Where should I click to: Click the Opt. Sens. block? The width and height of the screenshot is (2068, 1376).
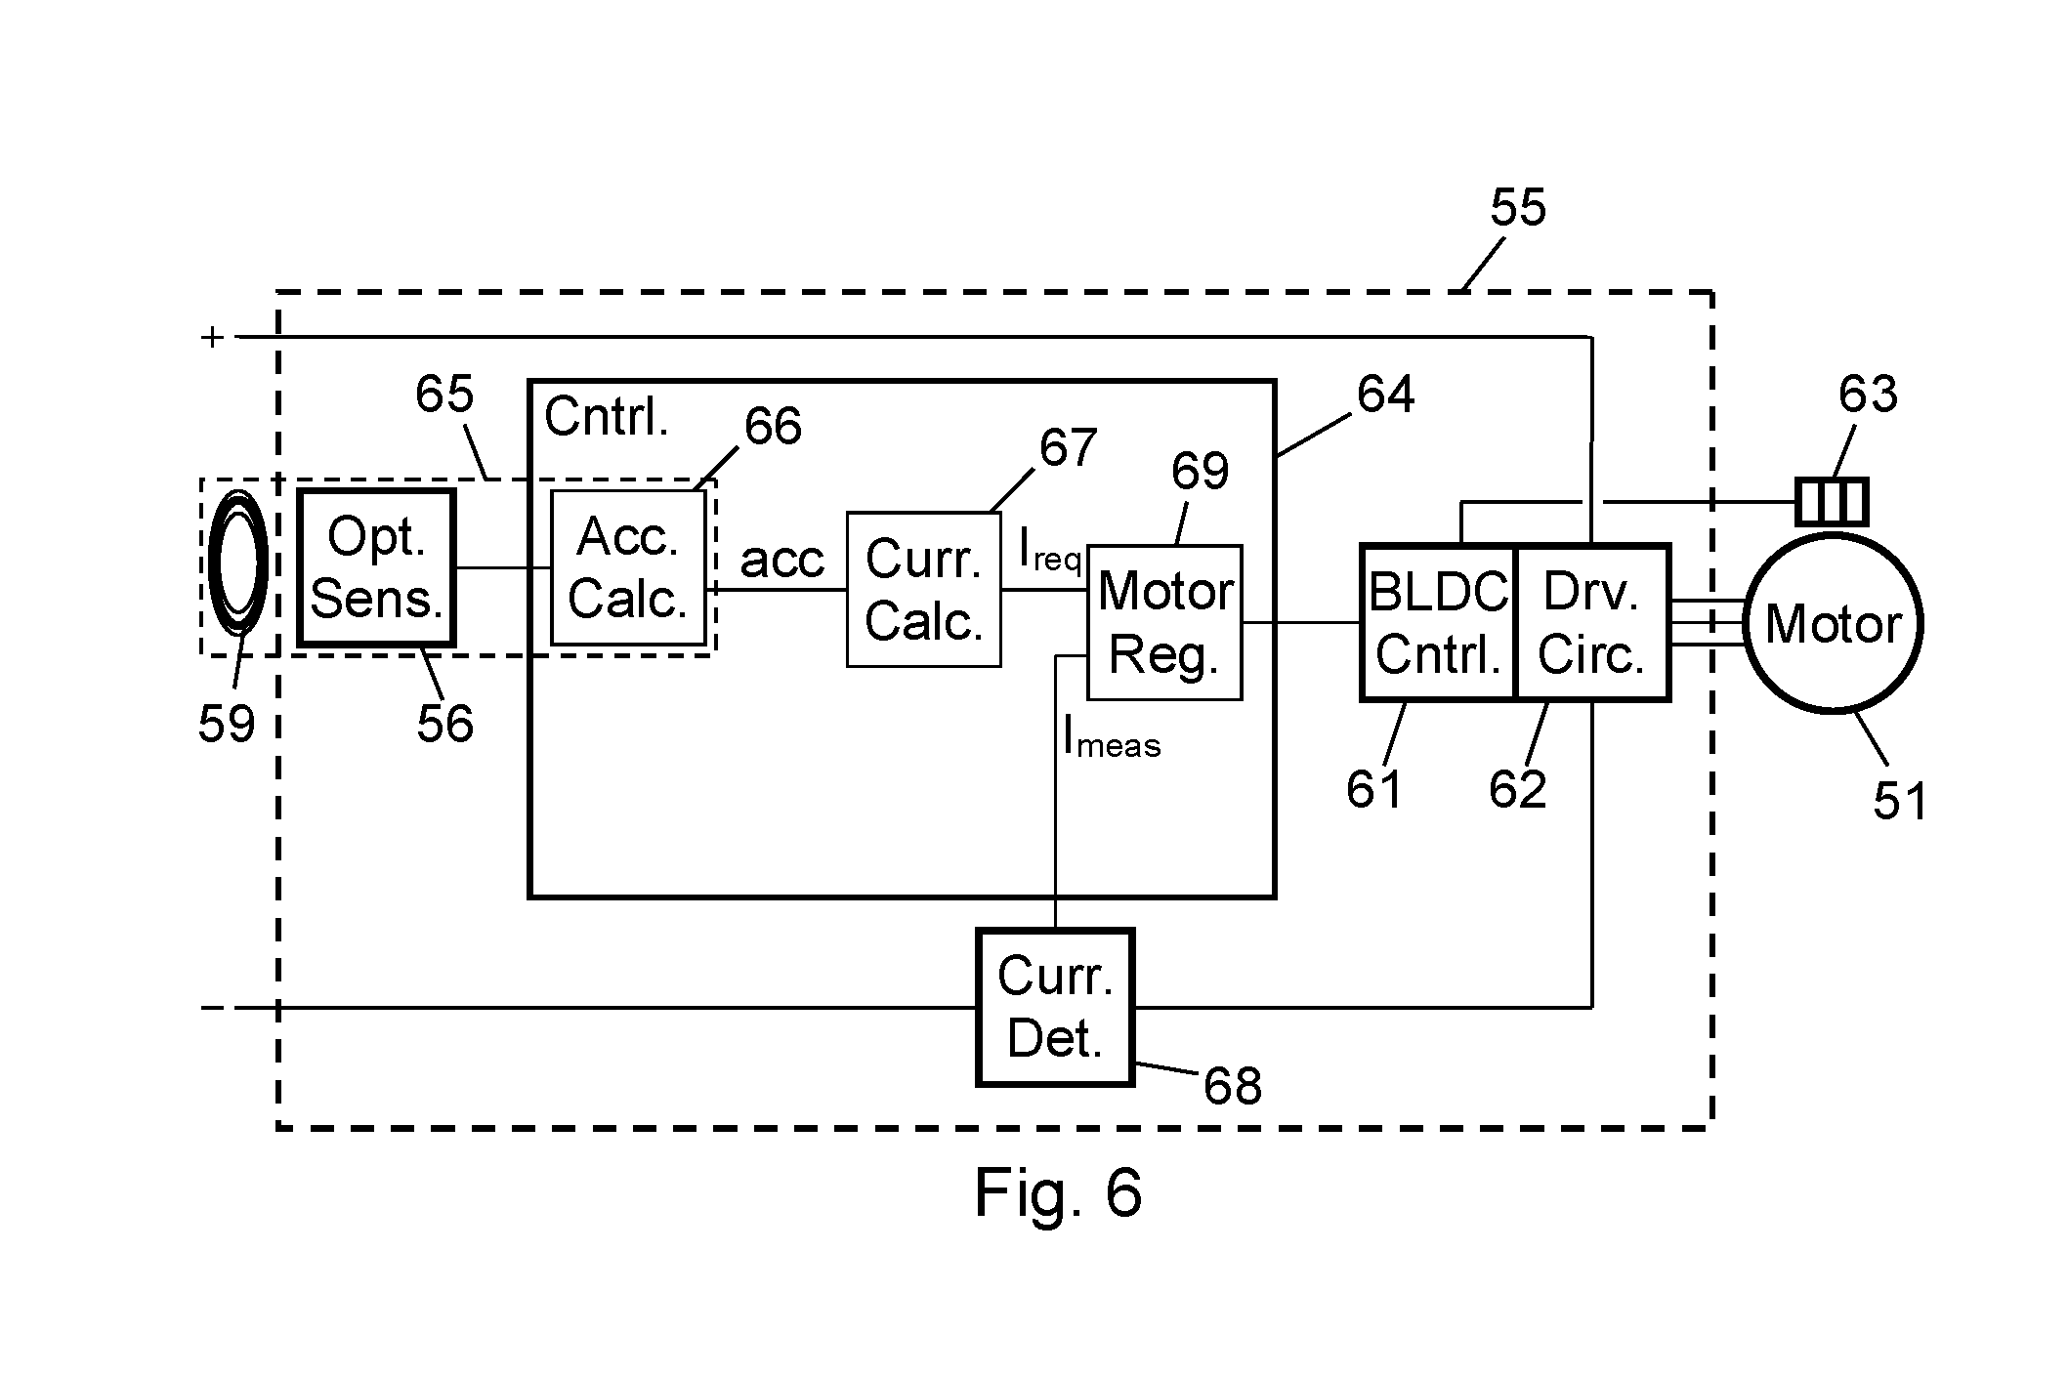coord(377,567)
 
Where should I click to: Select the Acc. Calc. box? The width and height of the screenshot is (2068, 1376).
coord(628,567)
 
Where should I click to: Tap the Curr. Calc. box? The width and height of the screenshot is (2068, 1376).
coord(923,589)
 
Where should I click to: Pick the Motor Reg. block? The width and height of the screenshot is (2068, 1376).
coord(1164,622)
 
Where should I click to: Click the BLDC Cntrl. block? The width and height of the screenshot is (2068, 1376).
coord(1438,623)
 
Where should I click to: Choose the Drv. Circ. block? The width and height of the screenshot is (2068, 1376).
coord(1592,623)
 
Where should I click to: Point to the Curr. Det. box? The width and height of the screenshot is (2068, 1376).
coord(1055,1007)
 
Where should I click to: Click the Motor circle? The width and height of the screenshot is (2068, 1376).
coord(1833,623)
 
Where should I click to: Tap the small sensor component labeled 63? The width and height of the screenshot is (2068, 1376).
coord(1832,502)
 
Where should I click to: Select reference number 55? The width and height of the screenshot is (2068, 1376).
coord(1518,207)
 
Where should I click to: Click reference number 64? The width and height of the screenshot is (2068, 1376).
coord(1385,394)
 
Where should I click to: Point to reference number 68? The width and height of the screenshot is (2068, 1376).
coord(1233,1085)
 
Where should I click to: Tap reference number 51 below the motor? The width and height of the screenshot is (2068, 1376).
coord(1900,801)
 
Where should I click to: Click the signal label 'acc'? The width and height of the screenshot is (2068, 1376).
coord(782,561)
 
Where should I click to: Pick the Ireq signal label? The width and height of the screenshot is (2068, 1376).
coord(1050,549)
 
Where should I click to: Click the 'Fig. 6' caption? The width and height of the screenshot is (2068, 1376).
coord(1058,1191)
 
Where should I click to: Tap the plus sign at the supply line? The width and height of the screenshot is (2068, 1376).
coord(212,338)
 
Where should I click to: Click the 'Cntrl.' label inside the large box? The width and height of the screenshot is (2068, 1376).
coord(607,417)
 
